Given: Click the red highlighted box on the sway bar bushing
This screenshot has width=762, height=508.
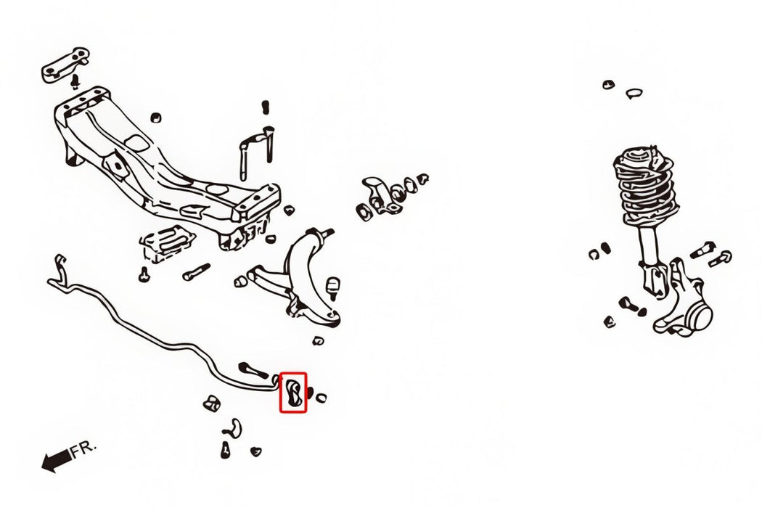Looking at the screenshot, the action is [x=293, y=373].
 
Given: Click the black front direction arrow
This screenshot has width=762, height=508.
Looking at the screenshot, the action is [x=57, y=459].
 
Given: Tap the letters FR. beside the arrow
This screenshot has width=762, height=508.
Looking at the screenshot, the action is [x=84, y=448].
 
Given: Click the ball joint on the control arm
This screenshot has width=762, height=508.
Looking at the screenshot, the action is [x=332, y=287].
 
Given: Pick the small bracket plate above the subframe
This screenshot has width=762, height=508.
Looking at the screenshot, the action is [x=65, y=65].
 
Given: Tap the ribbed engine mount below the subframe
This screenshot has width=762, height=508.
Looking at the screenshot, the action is [x=167, y=242].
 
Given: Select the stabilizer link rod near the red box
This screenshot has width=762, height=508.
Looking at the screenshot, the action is [x=253, y=370].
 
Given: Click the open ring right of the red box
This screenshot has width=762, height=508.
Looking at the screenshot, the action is [x=321, y=398].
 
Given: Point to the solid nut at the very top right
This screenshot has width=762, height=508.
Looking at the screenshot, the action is [x=608, y=85].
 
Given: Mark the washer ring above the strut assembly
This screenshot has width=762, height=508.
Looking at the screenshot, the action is [x=634, y=93].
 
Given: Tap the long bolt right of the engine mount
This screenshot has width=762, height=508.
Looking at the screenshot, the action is [x=197, y=271].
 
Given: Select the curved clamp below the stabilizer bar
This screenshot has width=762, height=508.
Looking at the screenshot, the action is [x=234, y=427].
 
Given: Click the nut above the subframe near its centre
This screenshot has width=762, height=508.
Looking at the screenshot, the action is [x=155, y=118].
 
